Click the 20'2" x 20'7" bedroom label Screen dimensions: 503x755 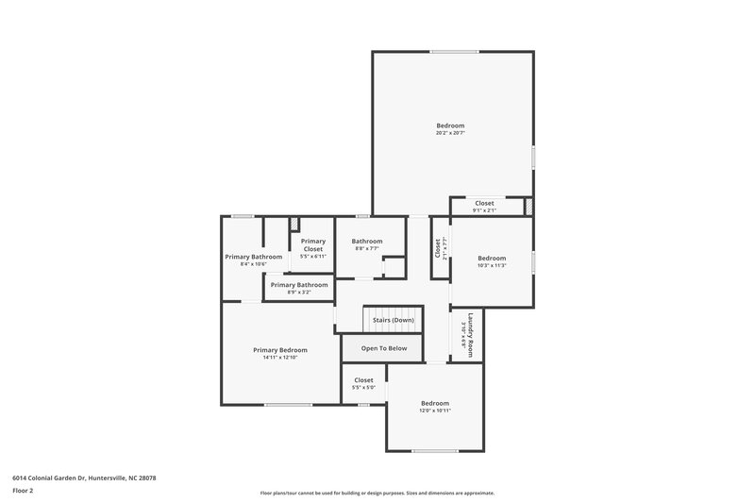(x=450, y=126)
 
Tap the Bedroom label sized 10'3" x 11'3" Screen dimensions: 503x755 (x=491, y=259)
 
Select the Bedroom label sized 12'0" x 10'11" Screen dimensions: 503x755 (x=434, y=403)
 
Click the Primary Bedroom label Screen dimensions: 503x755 (x=279, y=350)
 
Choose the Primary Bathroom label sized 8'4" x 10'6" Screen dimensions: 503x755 (x=253, y=257)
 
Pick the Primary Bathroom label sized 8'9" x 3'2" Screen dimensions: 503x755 (x=298, y=285)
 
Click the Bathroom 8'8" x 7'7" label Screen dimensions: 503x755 (x=367, y=242)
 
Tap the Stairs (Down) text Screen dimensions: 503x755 (x=393, y=320)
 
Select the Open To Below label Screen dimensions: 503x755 (x=384, y=348)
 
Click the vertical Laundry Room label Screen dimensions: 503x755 (x=468, y=334)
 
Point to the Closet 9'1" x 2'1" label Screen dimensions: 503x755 (x=484, y=203)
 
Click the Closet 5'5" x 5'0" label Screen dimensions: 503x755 (x=363, y=380)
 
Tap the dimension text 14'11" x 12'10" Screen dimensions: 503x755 (x=279, y=358)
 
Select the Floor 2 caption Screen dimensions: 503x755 (x=23, y=491)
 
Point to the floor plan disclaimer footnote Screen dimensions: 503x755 (x=377, y=493)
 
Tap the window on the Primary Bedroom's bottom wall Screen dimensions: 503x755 (x=288, y=405)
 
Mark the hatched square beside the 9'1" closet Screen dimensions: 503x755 (x=529, y=206)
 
